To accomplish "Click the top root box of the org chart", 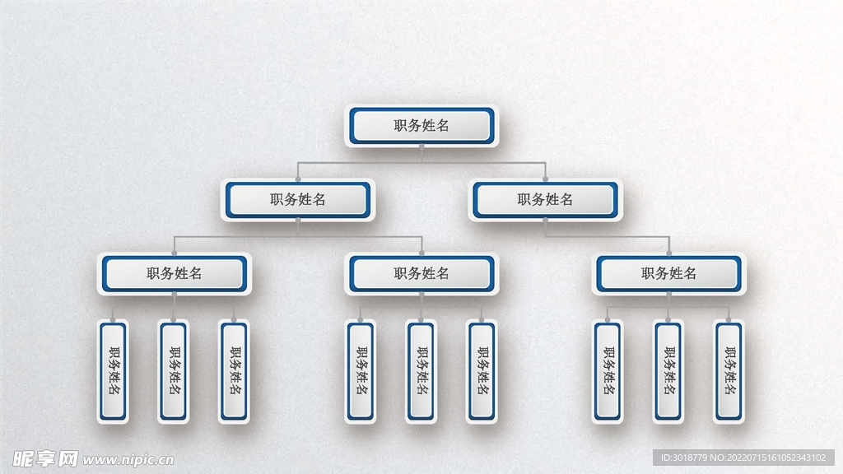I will click(x=421, y=126).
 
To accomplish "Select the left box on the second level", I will click(x=298, y=199).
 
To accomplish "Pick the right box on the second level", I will click(x=545, y=199).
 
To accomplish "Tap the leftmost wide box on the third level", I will click(x=175, y=273).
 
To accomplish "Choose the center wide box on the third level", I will click(x=421, y=273).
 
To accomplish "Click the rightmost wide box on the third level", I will click(x=668, y=273).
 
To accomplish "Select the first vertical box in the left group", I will click(x=113, y=370).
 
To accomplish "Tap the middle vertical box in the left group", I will click(x=174, y=370).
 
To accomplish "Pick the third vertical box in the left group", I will click(x=234, y=370).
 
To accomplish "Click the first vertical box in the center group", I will click(x=360, y=370).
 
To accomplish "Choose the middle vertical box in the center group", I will click(x=421, y=370).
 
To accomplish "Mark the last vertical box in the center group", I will click(x=482, y=370).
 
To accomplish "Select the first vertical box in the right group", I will click(x=608, y=370).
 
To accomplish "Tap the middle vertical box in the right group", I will click(x=668, y=370).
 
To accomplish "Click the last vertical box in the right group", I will click(x=729, y=370).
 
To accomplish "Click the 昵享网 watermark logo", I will click(x=44, y=458).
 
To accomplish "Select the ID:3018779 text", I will click(x=684, y=458).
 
